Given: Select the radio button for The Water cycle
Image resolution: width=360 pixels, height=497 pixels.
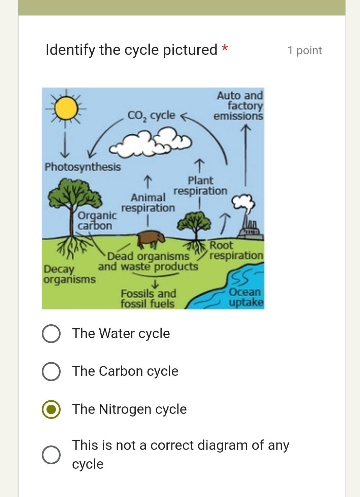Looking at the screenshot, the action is (x=51, y=334).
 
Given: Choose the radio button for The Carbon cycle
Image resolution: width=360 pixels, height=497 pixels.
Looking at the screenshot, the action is (x=51, y=371).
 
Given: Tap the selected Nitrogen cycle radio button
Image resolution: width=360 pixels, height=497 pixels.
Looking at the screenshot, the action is (x=51, y=409).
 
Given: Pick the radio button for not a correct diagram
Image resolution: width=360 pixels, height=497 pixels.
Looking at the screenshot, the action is (x=51, y=455).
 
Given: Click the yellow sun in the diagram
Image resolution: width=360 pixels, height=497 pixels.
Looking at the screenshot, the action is (x=66, y=108).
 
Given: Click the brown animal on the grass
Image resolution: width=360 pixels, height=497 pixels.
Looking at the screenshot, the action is (x=151, y=238).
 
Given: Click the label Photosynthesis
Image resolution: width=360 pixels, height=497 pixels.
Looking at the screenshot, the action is (x=83, y=167).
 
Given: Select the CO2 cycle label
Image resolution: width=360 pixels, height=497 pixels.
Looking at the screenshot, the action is (x=151, y=115).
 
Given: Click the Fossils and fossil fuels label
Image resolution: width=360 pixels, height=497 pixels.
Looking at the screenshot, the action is (x=148, y=298).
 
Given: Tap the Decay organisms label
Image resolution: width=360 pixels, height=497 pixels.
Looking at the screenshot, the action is (x=69, y=274).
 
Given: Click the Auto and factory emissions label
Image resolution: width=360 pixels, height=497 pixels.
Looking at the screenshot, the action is (x=239, y=105).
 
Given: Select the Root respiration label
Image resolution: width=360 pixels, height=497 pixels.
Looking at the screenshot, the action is (x=236, y=250).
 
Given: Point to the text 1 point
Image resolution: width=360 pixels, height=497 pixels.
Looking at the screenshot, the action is (x=304, y=51).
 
